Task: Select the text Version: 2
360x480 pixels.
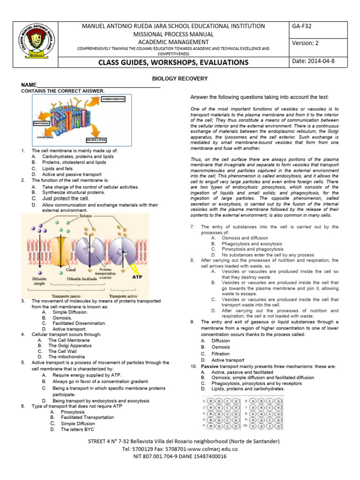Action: [x=305, y=43]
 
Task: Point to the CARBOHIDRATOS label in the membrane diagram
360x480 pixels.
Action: [x=114, y=99]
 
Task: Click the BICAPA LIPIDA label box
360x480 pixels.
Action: [x=96, y=140]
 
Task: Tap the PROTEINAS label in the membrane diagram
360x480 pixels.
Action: [x=41, y=123]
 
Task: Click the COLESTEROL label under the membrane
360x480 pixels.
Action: [x=46, y=137]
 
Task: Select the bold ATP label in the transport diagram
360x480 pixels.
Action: [x=137, y=277]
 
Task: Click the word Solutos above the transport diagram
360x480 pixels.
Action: [x=86, y=216]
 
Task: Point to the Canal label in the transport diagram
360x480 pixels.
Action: [x=71, y=270]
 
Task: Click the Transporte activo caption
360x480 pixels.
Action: [x=124, y=296]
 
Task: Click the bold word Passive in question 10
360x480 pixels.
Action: [x=210, y=366]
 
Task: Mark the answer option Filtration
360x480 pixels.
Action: [x=221, y=354]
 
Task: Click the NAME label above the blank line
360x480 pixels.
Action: [x=29, y=85]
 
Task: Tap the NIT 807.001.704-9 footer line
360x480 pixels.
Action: [x=180, y=456]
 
